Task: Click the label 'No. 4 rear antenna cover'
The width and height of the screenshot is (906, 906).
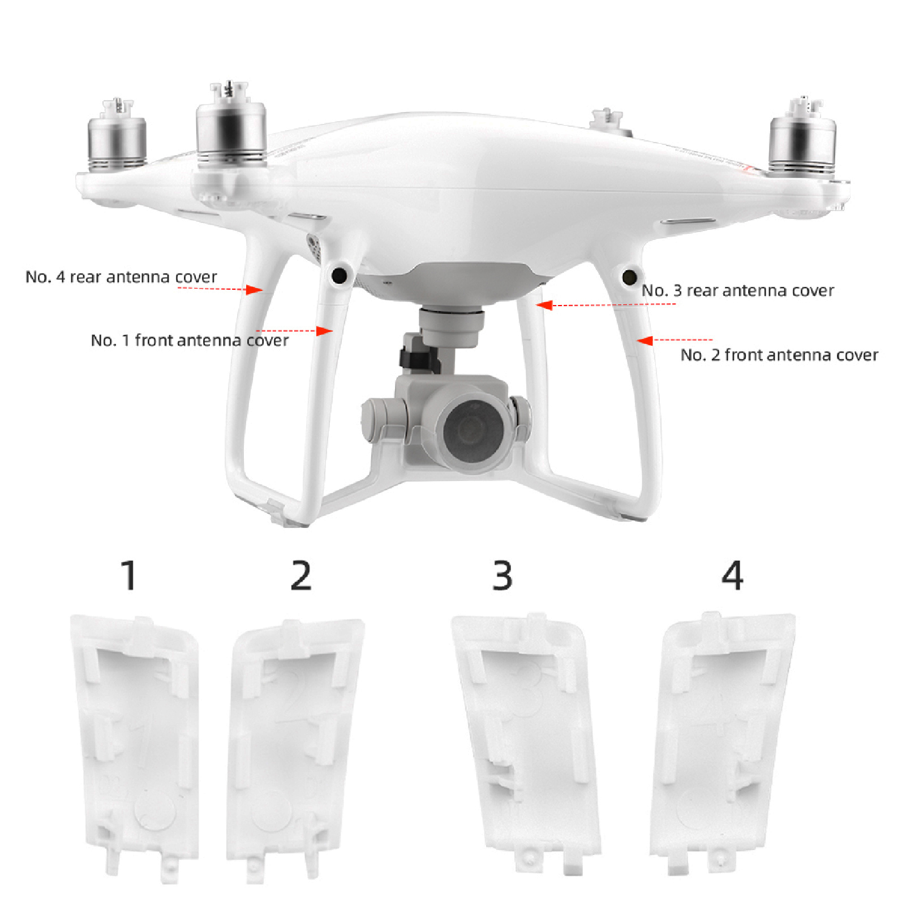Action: click(x=121, y=277)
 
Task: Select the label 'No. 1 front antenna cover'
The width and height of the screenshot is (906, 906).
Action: click(x=190, y=340)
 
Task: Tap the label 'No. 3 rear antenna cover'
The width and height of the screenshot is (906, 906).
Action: click(x=738, y=290)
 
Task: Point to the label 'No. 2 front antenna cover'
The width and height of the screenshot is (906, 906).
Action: click(x=779, y=355)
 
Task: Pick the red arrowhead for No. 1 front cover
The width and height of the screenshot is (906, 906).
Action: click(x=325, y=331)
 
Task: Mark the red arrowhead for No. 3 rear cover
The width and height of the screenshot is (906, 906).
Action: click(x=544, y=306)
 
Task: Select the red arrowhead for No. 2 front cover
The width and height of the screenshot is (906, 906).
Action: click(x=645, y=340)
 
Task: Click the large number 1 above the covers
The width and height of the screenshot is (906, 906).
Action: click(x=130, y=576)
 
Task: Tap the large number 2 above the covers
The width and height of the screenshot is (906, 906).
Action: click(x=301, y=576)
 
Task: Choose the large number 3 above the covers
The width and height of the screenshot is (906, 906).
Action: click(x=503, y=576)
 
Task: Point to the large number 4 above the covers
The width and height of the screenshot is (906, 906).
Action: click(x=732, y=576)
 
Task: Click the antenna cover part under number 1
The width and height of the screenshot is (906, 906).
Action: click(x=135, y=747)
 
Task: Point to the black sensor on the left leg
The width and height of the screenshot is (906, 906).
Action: click(x=339, y=276)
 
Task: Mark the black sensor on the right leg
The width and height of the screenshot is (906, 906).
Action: click(x=629, y=277)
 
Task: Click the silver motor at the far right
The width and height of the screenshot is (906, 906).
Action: click(x=802, y=139)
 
